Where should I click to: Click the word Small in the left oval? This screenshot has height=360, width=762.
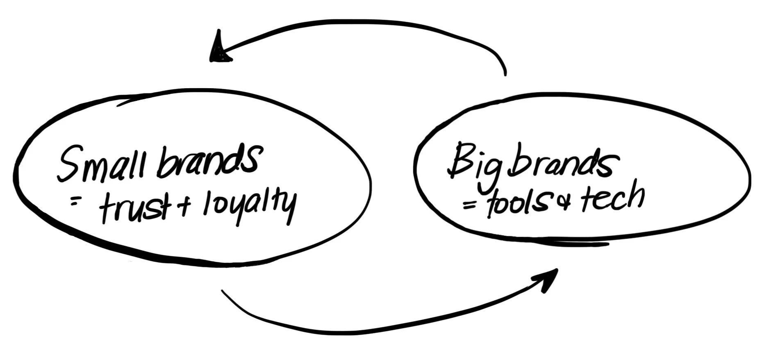click(x=100, y=164)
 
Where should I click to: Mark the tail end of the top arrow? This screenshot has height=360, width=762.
click(x=505, y=74)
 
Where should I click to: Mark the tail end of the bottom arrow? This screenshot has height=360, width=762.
click(x=223, y=292)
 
